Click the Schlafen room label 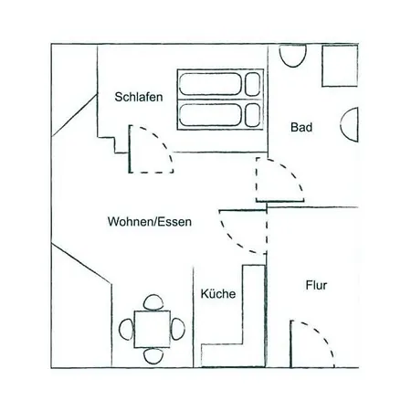(x=139, y=97)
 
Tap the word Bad (x=301, y=127)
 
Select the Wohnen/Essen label (x=150, y=221)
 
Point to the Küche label (x=218, y=293)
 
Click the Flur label (x=316, y=285)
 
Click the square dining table (x=153, y=329)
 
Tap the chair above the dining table (x=153, y=302)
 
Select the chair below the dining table (x=153, y=355)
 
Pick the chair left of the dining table (x=126, y=329)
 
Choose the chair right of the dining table (x=177, y=329)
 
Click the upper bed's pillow (x=253, y=84)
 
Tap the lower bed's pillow (x=253, y=115)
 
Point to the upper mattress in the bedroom (x=210, y=84)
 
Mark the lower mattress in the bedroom (x=210, y=115)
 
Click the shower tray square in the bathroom (x=340, y=66)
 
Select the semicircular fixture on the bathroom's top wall (x=292, y=56)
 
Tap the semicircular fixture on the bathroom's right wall (x=349, y=124)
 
